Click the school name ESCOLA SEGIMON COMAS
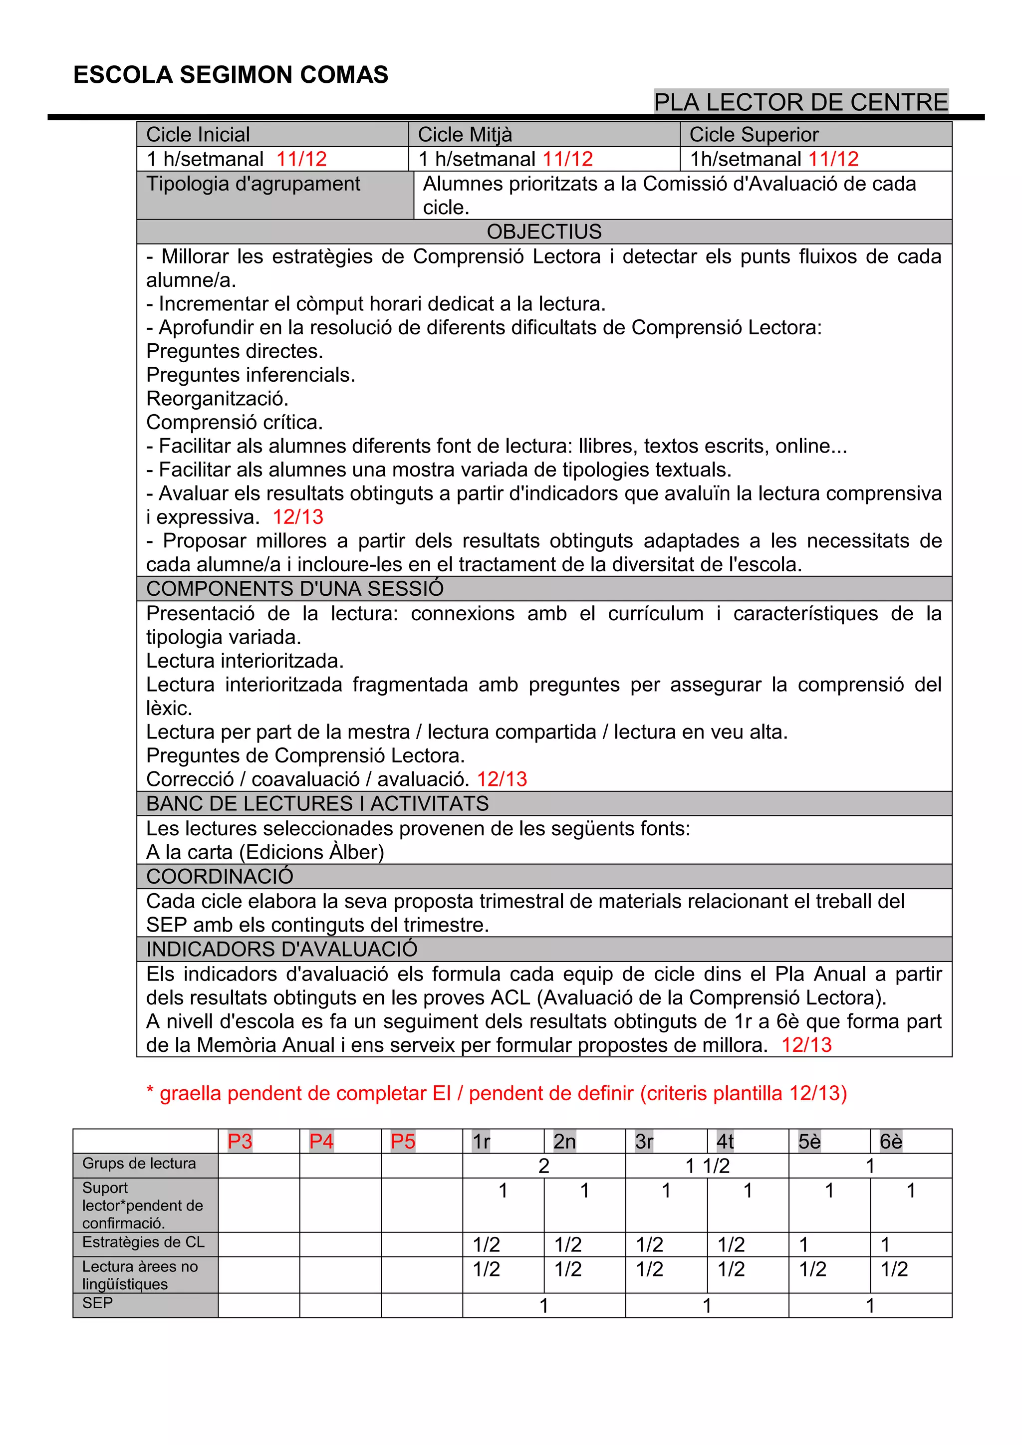[231, 75]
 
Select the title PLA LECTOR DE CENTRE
[800, 102]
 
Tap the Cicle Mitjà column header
[465, 135]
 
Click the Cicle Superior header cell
[754, 135]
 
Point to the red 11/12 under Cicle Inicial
[301, 159]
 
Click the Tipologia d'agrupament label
[253, 184]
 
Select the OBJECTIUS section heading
[544, 232]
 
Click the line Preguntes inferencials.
[251, 375]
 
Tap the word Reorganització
[217, 398]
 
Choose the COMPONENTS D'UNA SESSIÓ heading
[294, 588]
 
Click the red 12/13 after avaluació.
[502, 779]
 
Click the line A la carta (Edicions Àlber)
[265, 852]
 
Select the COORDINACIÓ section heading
[220, 876]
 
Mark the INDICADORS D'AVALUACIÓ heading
[281, 949]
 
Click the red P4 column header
[321, 1141]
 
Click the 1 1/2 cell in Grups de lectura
[707, 1166]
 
